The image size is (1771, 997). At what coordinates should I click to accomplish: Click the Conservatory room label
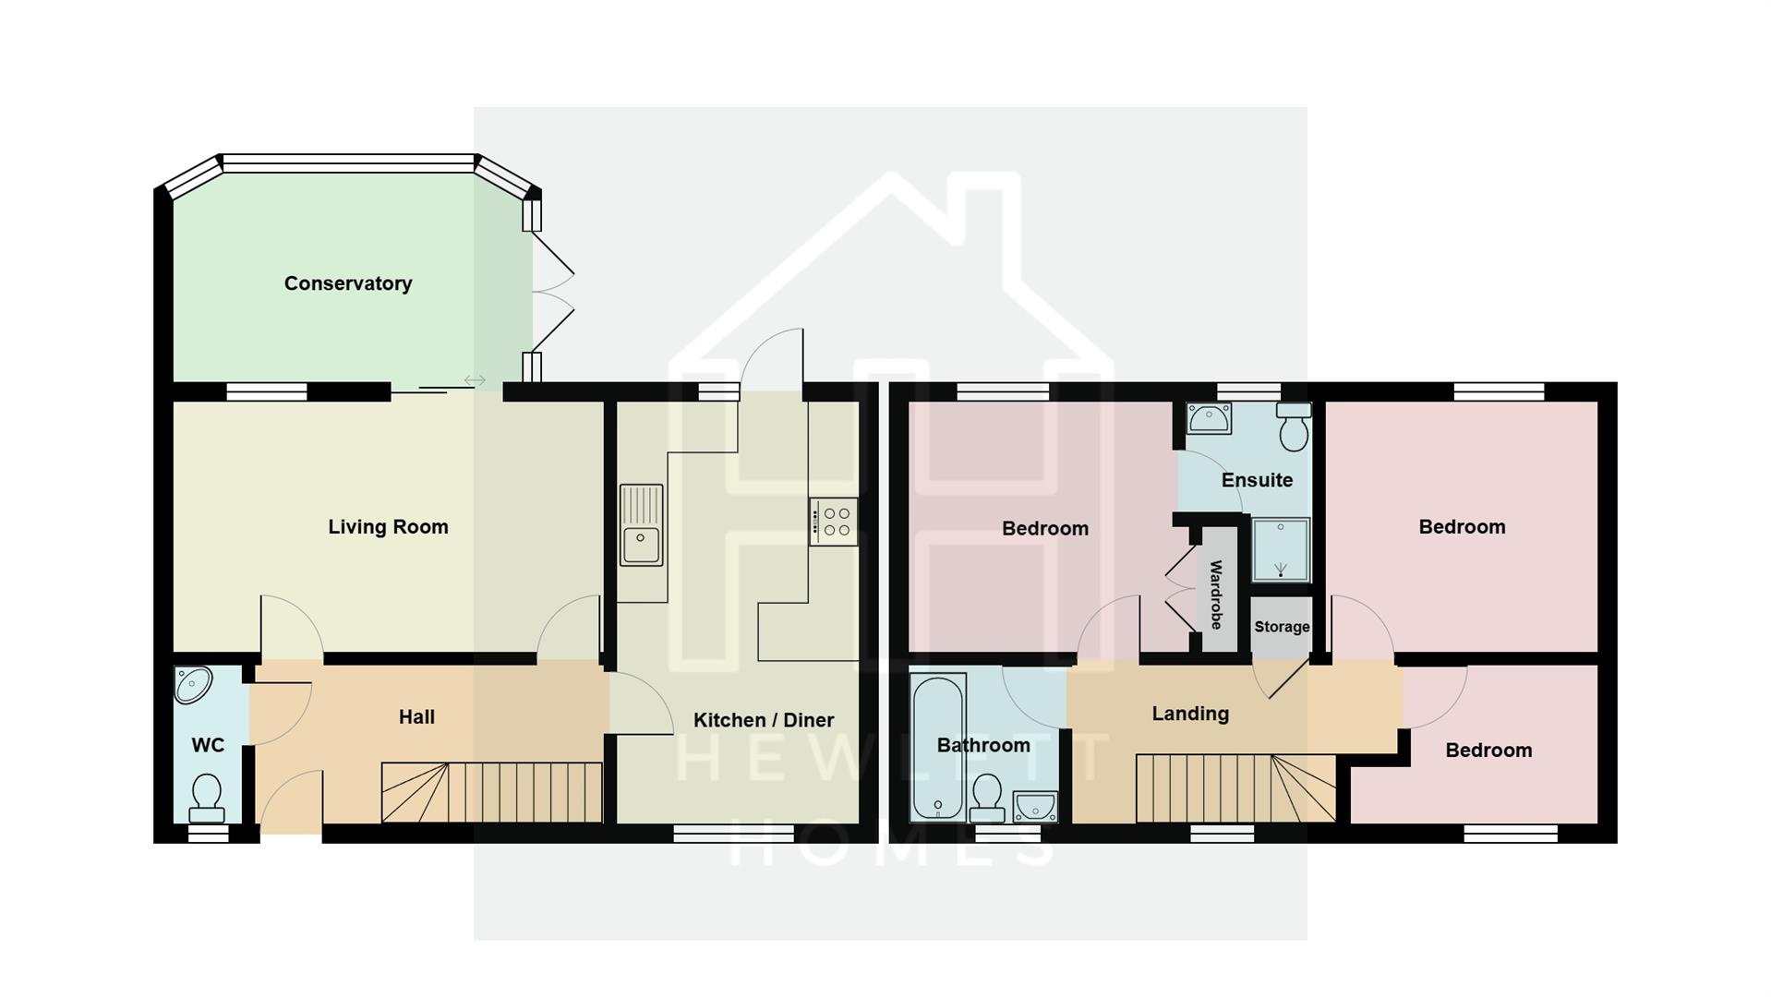click(x=348, y=283)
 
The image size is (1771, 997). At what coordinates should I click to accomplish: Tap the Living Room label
click(x=388, y=527)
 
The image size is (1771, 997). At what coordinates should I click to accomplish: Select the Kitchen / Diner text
click(x=764, y=720)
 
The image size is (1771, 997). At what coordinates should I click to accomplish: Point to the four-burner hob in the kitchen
click(x=834, y=522)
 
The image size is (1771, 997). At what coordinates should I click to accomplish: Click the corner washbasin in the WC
click(x=193, y=685)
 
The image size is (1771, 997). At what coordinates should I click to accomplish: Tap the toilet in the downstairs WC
click(x=207, y=799)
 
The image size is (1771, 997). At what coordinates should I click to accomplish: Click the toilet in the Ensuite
click(x=1294, y=426)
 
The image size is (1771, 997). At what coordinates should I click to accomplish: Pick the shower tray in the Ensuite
click(x=1281, y=549)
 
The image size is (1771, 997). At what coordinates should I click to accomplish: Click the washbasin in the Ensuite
click(x=1208, y=418)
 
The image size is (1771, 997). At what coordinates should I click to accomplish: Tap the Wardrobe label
click(x=1216, y=595)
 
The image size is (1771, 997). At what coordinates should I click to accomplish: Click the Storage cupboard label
click(x=1282, y=627)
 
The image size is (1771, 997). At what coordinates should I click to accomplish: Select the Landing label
click(x=1190, y=714)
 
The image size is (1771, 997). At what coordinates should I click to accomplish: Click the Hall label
click(x=416, y=717)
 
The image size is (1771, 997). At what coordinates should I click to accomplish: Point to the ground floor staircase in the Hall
click(x=492, y=792)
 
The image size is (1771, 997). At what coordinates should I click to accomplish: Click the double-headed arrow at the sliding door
click(x=475, y=380)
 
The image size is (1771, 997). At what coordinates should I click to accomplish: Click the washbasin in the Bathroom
click(x=1035, y=807)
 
